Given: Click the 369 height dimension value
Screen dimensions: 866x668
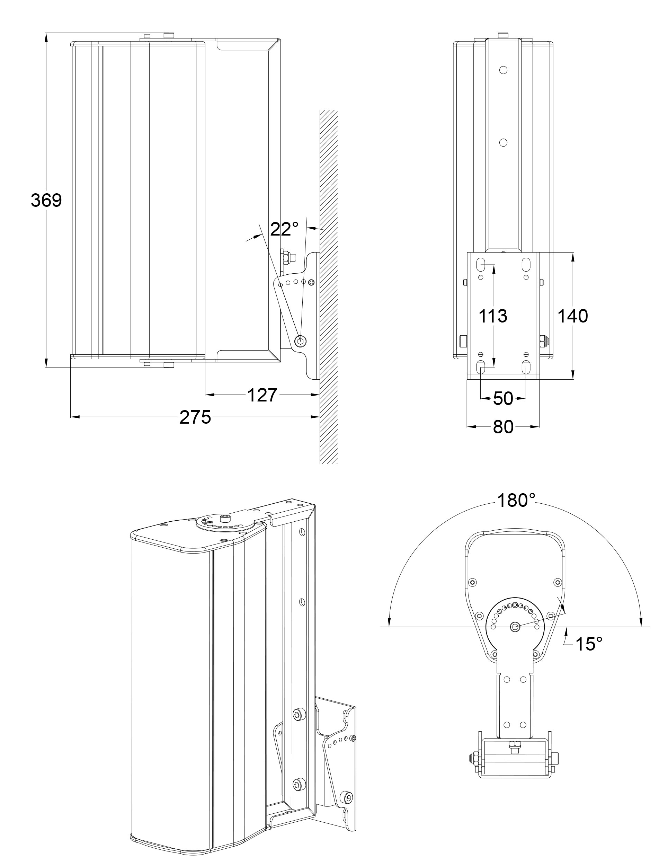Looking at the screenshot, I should (x=46, y=201).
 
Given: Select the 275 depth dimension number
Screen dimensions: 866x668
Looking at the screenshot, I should (x=195, y=417).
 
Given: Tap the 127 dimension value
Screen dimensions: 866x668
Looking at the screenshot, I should (x=262, y=395).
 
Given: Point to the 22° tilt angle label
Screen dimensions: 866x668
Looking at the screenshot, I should (x=284, y=229).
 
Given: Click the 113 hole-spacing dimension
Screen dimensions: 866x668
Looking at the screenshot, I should (x=493, y=316).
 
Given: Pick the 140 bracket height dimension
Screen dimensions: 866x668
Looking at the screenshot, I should (x=572, y=316).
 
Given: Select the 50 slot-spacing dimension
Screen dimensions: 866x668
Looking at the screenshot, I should (x=503, y=398).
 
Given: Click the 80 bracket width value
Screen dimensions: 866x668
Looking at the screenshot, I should (x=503, y=427).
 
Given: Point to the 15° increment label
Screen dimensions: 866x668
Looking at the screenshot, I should (x=589, y=644).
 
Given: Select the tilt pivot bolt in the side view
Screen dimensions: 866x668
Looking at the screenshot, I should (x=301, y=340).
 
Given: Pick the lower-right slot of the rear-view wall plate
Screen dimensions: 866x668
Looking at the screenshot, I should (x=526, y=366).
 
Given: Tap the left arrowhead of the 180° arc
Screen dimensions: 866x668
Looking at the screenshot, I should (x=389, y=623).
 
